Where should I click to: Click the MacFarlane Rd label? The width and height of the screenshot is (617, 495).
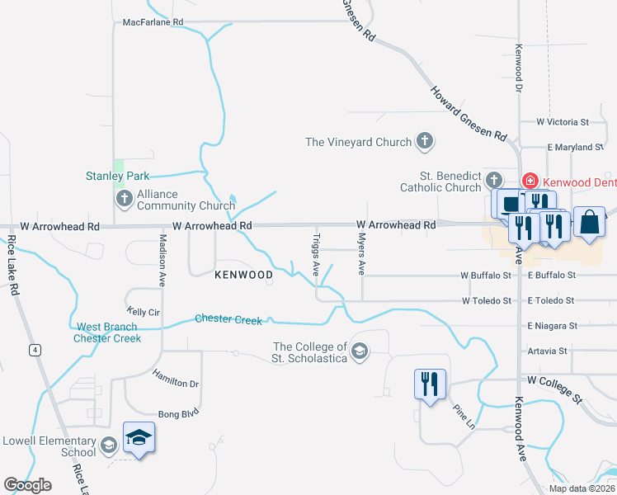click(x=153, y=22)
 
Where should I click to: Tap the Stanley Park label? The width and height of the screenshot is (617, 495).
click(x=118, y=176)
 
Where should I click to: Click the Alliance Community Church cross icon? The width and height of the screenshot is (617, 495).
click(x=124, y=198)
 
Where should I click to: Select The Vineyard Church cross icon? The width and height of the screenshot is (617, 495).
click(x=425, y=142)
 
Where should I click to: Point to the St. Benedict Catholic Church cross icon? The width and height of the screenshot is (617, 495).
click(x=494, y=180)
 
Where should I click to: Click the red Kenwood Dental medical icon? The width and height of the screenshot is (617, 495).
click(x=530, y=181)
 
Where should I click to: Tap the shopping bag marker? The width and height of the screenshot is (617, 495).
click(x=589, y=222)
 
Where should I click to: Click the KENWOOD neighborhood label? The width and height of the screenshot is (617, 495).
click(x=244, y=274)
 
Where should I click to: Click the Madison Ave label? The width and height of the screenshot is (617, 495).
click(x=162, y=259)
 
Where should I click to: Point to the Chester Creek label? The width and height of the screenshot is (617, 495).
click(x=228, y=319)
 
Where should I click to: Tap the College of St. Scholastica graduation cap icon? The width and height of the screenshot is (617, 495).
click(x=359, y=352)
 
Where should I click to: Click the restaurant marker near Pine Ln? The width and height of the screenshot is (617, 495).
click(x=430, y=384)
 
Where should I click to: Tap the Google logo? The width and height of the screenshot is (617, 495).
click(x=27, y=485)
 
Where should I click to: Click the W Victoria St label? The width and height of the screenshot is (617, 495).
click(x=562, y=122)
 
